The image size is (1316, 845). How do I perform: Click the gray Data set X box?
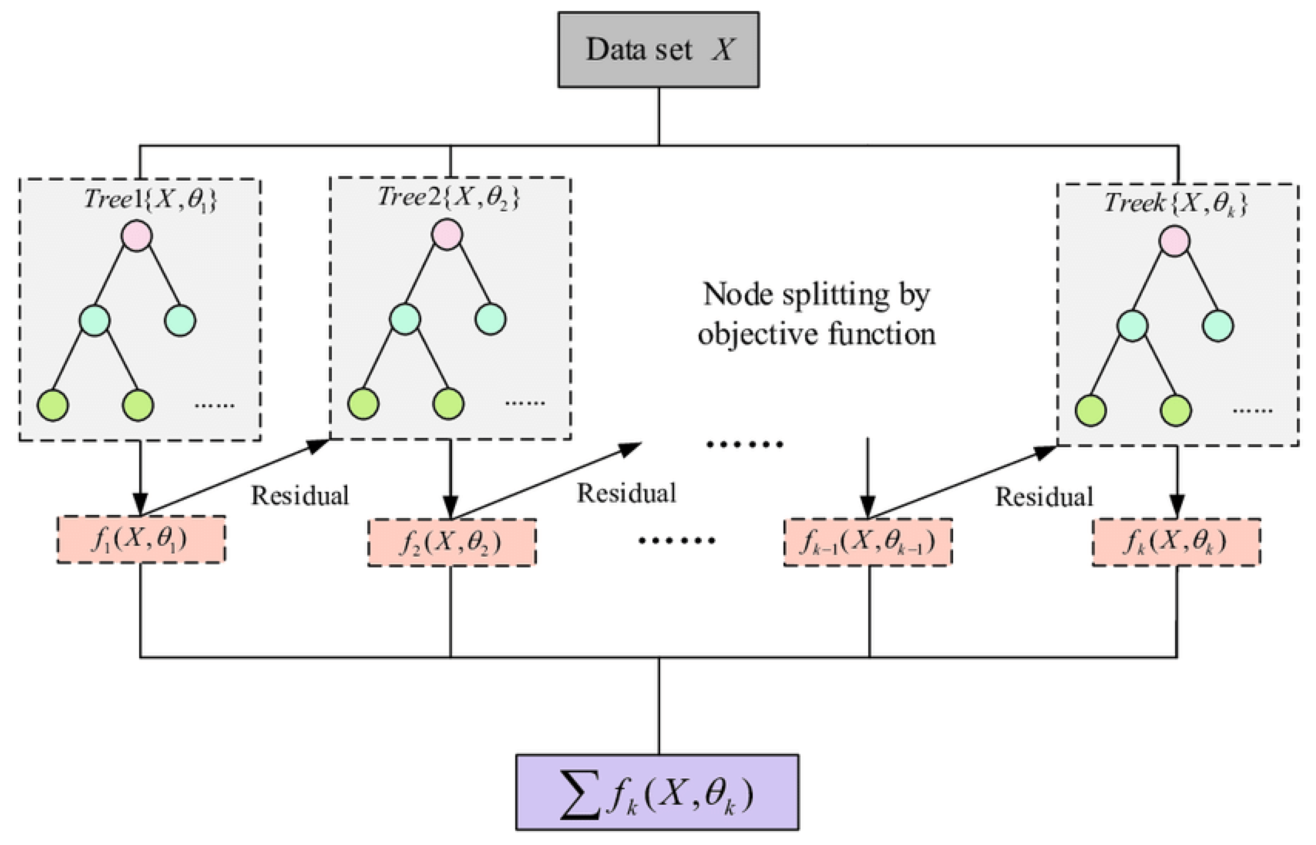[658, 50]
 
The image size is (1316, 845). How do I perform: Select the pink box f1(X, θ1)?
[141, 539]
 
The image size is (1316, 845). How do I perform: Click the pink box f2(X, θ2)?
[451, 542]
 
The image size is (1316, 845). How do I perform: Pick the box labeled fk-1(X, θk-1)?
[868, 542]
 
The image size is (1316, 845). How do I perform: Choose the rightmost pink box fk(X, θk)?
[1176, 542]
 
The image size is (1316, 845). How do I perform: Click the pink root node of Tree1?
[137, 236]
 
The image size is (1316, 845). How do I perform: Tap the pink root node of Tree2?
[447, 234]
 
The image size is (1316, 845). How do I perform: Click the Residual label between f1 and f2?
[300, 495]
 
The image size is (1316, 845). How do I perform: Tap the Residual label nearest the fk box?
[1044, 497]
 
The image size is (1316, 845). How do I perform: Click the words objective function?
[816, 333]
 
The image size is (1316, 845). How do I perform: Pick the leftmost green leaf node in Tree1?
[53, 405]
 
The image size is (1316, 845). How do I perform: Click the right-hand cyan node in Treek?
[1217, 326]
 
